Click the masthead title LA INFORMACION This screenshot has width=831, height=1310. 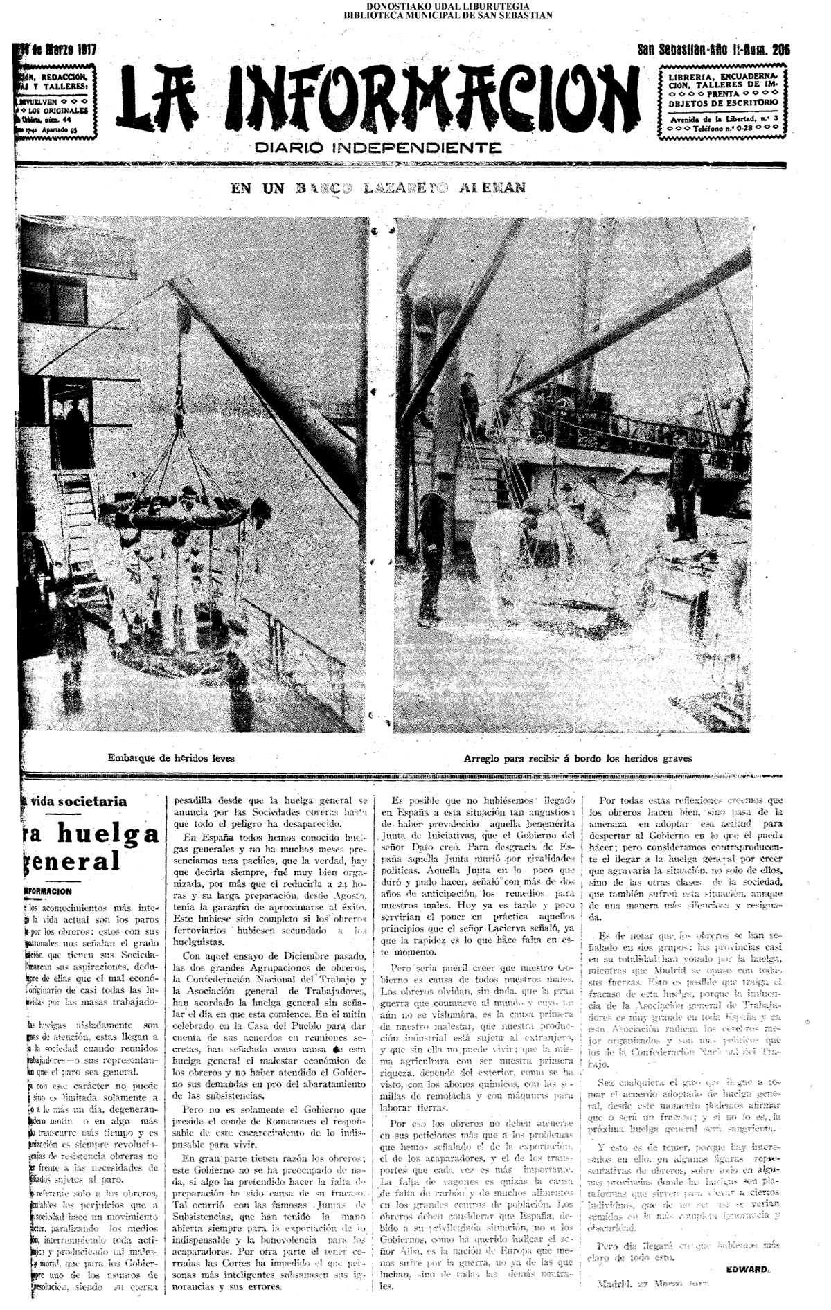point(378,101)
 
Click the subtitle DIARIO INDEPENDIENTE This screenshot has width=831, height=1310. point(378,147)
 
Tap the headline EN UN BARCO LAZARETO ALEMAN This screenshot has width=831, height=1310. point(378,188)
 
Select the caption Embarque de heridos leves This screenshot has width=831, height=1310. point(171,757)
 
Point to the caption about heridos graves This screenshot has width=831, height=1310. point(578,757)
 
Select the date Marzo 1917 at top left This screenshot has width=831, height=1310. point(62,50)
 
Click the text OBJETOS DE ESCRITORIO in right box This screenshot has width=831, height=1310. point(722,102)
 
